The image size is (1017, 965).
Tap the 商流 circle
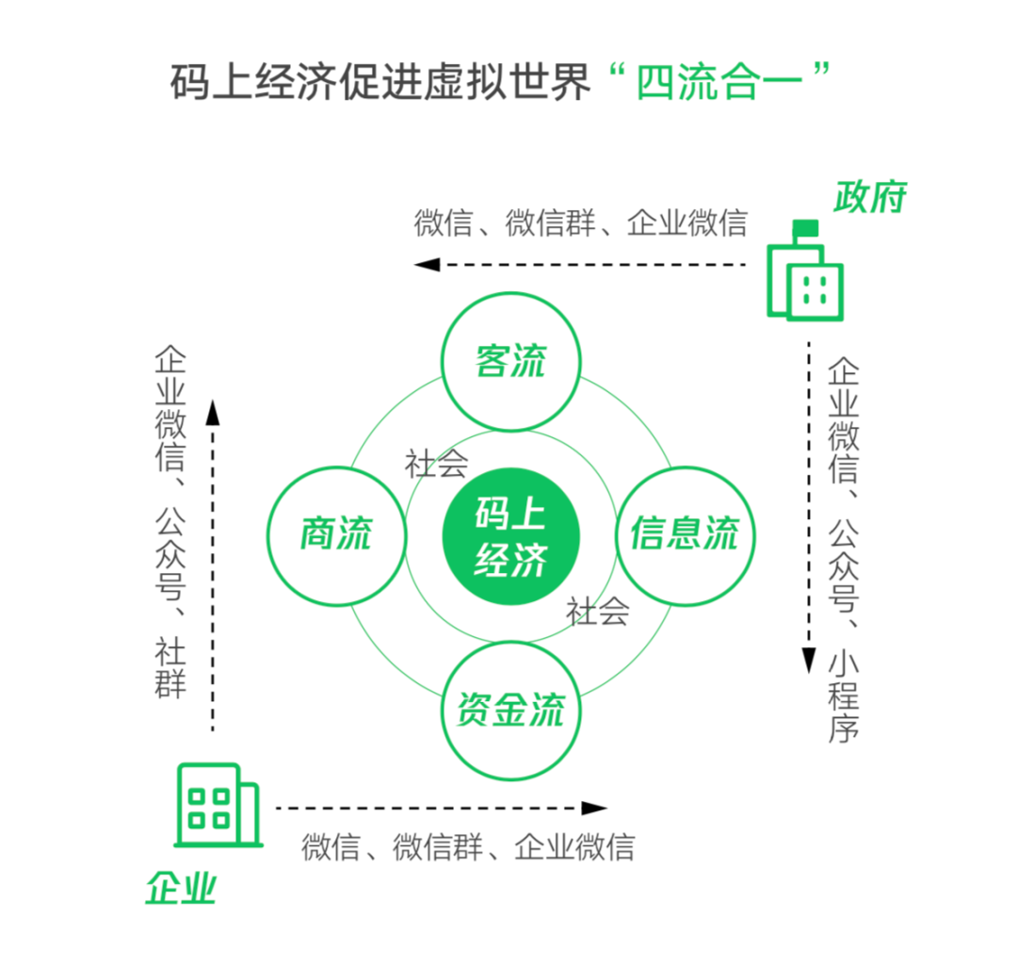pos(336,534)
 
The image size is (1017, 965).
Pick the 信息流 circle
pos(685,534)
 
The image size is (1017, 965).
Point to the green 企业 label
pos(181,888)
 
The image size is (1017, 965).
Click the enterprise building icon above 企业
pos(217,806)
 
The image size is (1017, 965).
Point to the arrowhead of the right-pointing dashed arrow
pos(594,808)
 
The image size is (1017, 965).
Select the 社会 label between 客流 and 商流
pos(437,464)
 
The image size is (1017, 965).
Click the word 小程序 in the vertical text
pos(844,696)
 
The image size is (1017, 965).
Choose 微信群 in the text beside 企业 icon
pos(438,846)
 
